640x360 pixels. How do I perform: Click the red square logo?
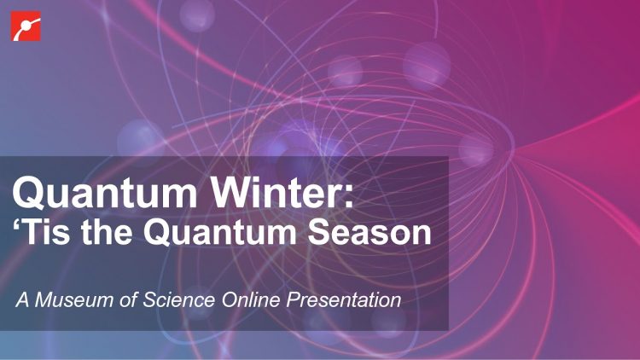[26, 26]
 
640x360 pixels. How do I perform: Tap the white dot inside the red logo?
[25, 26]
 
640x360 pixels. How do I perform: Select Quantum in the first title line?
[105, 193]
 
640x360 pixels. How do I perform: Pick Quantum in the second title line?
[219, 232]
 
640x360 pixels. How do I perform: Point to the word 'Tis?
[41, 232]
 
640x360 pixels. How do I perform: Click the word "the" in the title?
[106, 232]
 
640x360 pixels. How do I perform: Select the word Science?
[179, 300]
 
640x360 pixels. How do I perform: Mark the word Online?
[251, 300]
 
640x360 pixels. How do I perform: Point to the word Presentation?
[344, 300]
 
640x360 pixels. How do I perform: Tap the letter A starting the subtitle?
[23, 300]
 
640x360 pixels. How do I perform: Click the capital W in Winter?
[232, 192]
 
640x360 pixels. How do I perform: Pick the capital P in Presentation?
[294, 300]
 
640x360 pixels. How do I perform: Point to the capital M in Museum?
[44, 300]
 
